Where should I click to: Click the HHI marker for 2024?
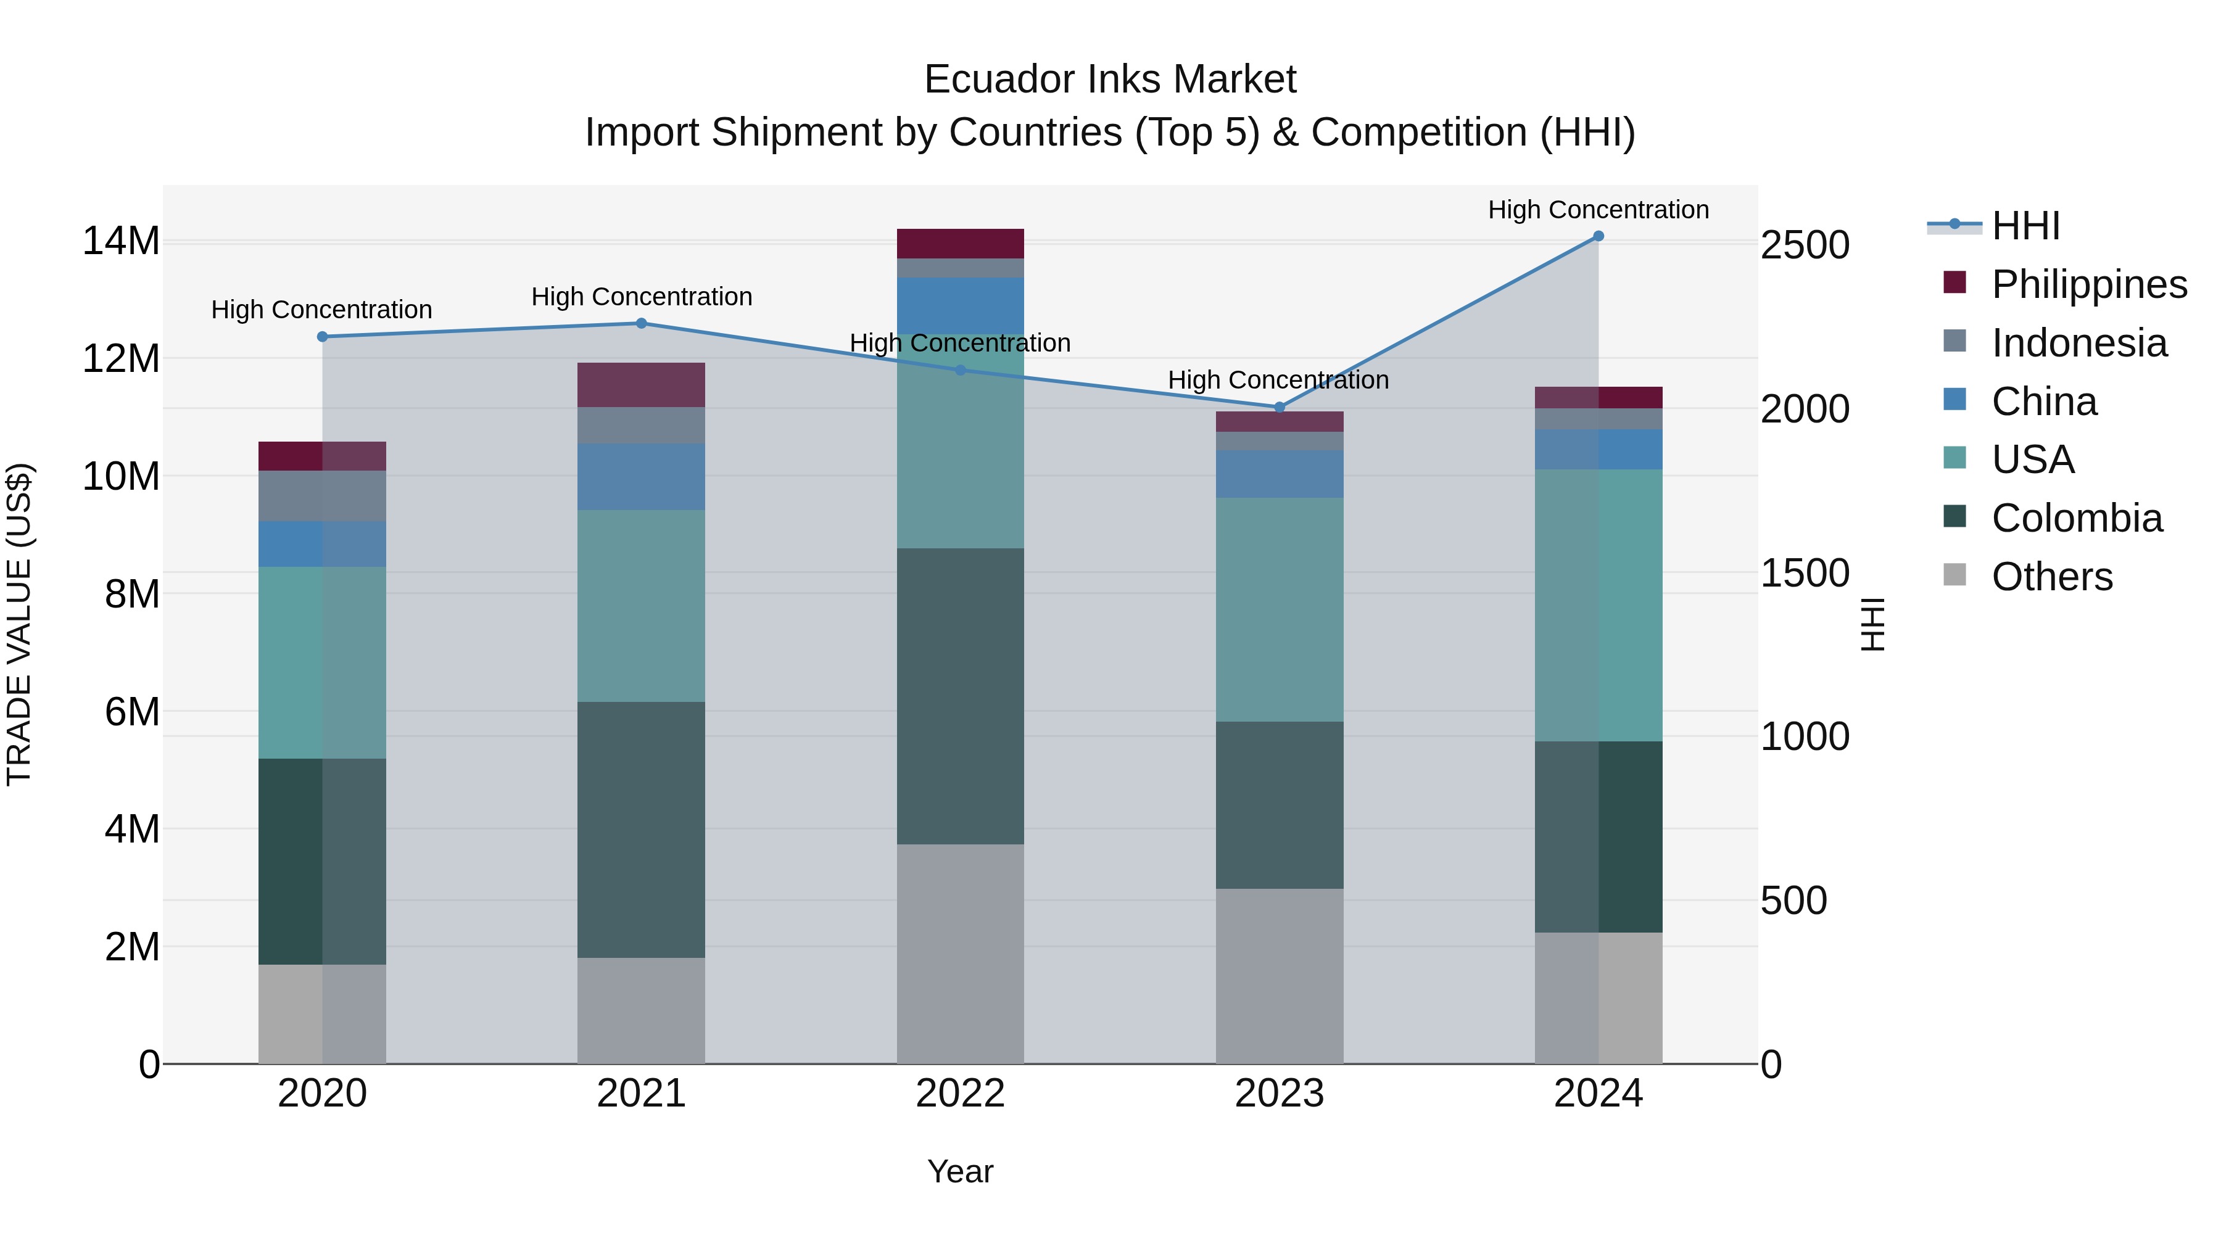pyautogui.click(x=1598, y=236)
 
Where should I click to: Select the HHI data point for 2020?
pyautogui.click(x=323, y=337)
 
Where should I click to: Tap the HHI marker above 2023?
pyautogui.click(x=1280, y=407)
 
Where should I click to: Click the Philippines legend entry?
pyautogui.click(x=2088, y=284)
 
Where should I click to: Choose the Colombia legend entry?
pyautogui.click(x=2076, y=518)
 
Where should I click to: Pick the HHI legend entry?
pyautogui.click(x=2025, y=226)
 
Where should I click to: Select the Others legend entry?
pyautogui.click(x=2051, y=577)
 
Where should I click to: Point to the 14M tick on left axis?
pyautogui.click(x=121, y=241)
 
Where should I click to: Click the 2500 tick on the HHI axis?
pyautogui.click(x=1805, y=245)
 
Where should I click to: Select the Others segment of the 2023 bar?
pyautogui.click(x=1280, y=976)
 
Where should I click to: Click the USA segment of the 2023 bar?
pyautogui.click(x=1280, y=609)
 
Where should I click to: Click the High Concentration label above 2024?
pyautogui.click(x=1598, y=210)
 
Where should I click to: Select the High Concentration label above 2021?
pyautogui.click(x=642, y=297)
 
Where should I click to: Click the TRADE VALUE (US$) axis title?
pyautogui.click(x=19, y=624)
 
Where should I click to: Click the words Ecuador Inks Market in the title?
pyautogui.click(x=1110, y=80)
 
